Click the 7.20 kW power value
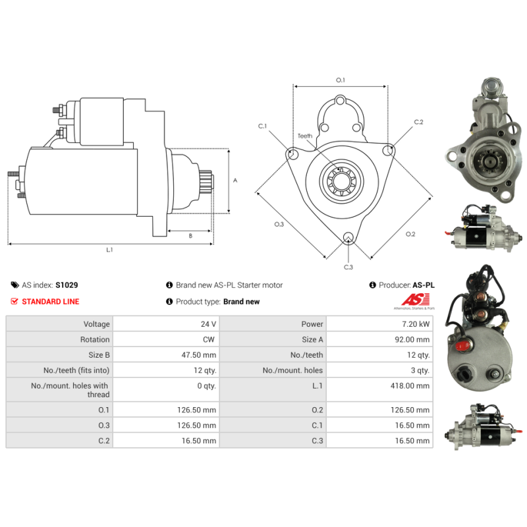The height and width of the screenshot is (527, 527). click(x=416, y=324)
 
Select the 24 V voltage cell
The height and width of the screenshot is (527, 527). click(x=208, y=324)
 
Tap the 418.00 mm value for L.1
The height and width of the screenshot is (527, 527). click(x=410, y=385)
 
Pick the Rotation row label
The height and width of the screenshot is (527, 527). click(x=95, y=339)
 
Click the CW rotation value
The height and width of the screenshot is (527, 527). click(x=208, y=339)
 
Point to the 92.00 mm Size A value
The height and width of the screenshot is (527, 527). click(x=412, y=339)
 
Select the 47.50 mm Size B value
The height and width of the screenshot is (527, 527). click(x=199, y=355)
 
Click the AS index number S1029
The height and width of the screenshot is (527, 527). click(x=67, y=285)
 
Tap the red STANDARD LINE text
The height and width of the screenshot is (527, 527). click(x=51, y=302)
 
